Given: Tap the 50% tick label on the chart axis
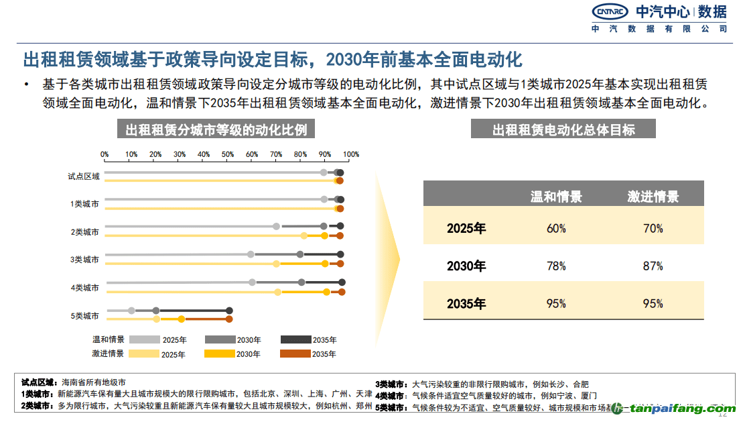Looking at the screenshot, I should tap(228, 154).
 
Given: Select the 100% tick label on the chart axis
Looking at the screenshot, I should tap(351, 154).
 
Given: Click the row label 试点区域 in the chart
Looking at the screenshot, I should tap(84, 176).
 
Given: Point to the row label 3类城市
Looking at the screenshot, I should tap(85, 259).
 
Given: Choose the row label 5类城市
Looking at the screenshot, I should tap(85, 315).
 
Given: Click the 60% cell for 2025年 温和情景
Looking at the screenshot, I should tap(556, 228).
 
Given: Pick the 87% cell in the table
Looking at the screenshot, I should tap(653, 266).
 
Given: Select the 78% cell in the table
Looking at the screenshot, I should tap(556, 266).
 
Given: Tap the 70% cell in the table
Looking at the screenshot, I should tap(653, 228).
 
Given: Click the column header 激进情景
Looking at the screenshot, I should tap(653, 197).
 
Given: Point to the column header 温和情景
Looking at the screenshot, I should tap(556, 197).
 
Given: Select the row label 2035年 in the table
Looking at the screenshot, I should tap(466, 303).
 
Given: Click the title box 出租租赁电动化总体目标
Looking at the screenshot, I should tap(563, 129).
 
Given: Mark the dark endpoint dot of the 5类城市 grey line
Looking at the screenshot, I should tap(229, 311).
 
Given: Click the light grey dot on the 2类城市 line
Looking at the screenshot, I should tap(276, 226).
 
